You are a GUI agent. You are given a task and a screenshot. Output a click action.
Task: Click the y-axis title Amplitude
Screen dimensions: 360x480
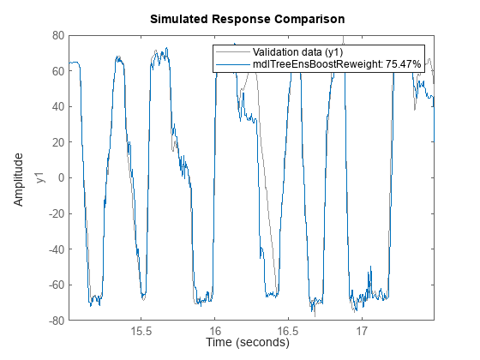(19, 178)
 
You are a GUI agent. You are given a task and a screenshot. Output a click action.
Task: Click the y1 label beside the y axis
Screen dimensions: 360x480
(38, 178)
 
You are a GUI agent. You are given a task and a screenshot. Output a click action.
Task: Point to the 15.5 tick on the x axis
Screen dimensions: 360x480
(141, 329)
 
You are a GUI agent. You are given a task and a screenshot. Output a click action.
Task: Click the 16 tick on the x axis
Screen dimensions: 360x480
(215, 329)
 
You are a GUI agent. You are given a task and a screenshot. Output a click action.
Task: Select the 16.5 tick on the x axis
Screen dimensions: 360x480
(288, 329)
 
